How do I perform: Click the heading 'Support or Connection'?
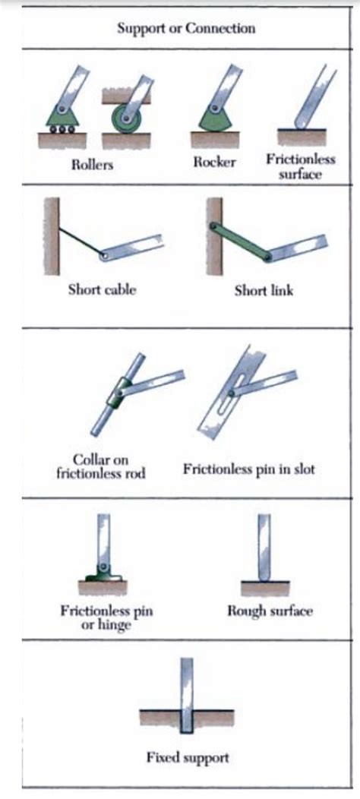(186, 27)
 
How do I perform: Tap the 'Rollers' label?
(93, 165)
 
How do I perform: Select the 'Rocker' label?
(215, 162)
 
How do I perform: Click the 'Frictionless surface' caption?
(300, 166)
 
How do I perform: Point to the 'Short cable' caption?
(102, 289)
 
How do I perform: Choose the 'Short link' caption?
(264, 290)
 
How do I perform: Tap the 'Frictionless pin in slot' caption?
(249, 469)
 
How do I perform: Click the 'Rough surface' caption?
(270, 611)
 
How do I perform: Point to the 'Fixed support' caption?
(188, 757)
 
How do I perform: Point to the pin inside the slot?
(232, 393)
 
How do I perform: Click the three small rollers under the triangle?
(62, 129)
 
